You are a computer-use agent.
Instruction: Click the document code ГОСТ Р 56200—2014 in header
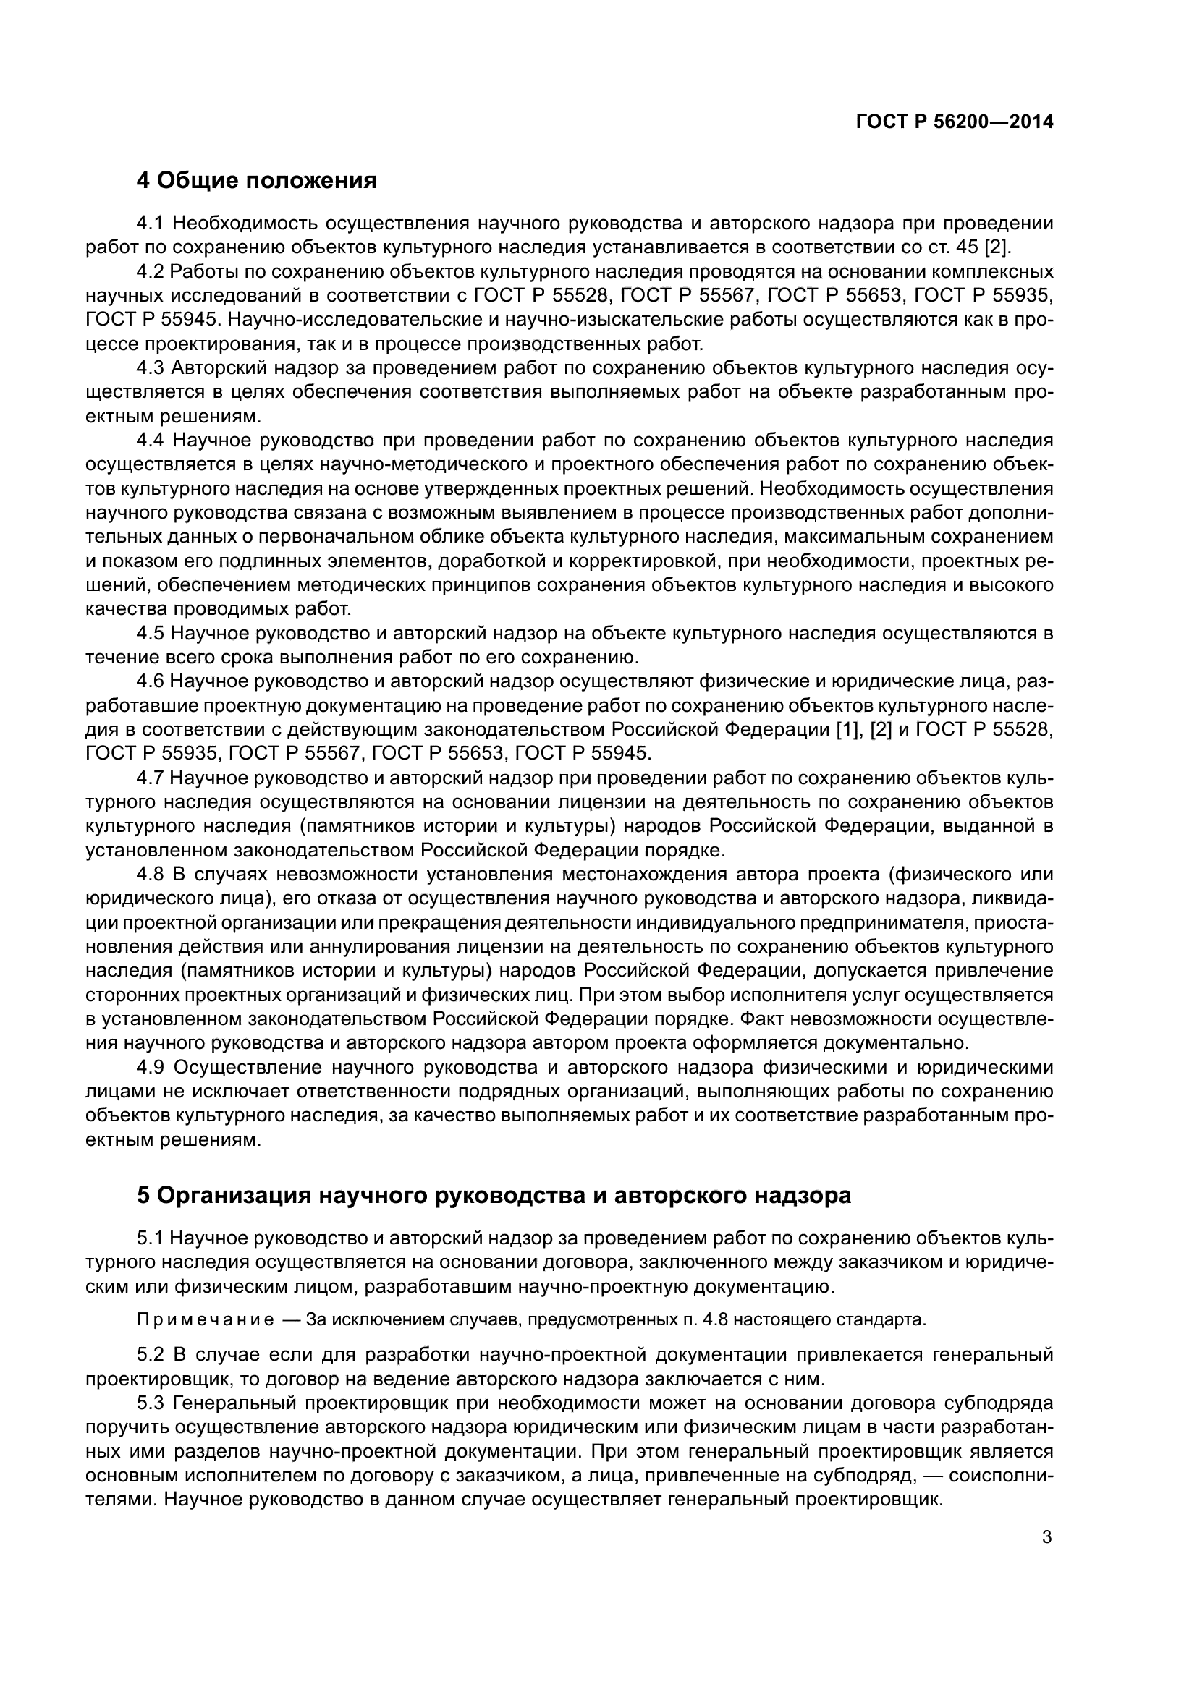click(x=955, y=122)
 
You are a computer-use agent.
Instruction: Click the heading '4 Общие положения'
click(x=256, y=181)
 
